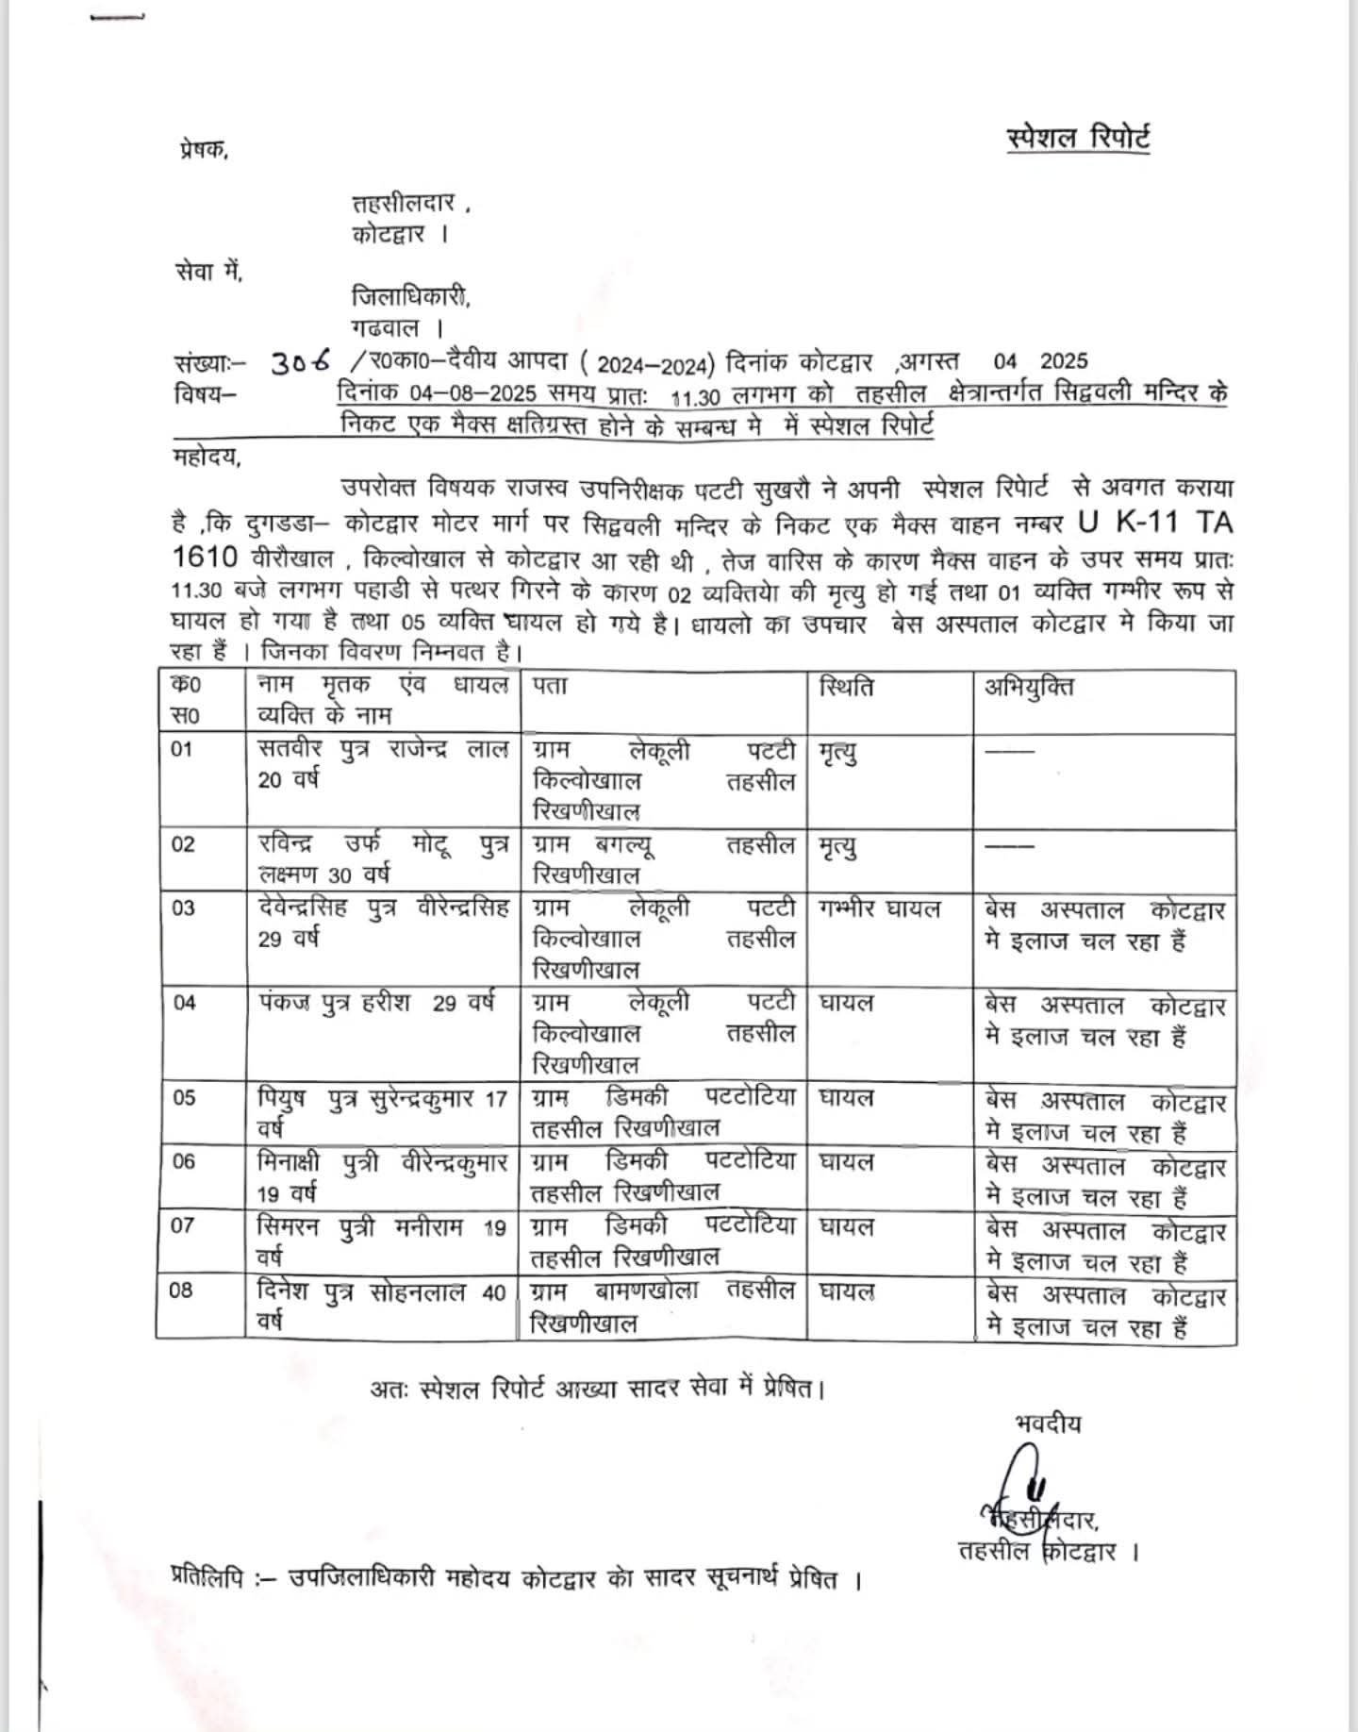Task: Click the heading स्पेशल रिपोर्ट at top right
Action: (1078, 138)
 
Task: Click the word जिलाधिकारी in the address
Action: (410, 297)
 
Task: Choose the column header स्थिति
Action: (846, 686)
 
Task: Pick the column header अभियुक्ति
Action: (1029, 686)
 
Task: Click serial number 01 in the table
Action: (182, 750)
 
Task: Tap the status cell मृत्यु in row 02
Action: (838, 847)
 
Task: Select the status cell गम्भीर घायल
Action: (881, 909)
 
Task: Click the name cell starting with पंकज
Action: (375, 1003)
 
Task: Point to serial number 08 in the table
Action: (182, 1291)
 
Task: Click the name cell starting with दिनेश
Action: (382, 1306)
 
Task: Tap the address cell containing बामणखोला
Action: (663, 1306)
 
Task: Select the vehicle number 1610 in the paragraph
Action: (205, 558)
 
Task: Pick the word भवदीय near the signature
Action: (1048, 1423)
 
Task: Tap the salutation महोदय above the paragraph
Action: (207, 459)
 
